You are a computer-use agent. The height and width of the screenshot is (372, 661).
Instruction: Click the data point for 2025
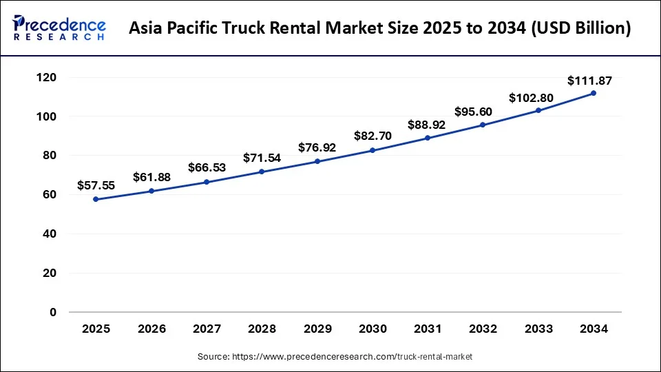[x=96, y=199]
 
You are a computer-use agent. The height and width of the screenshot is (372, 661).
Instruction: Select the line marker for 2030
[x=373, y=150]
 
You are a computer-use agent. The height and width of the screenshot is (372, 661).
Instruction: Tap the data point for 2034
[x=594, y=93]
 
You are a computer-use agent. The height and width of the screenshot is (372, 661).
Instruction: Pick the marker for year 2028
[x=262, y=172]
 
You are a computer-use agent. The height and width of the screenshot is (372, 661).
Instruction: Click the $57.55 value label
[x=96, y=185]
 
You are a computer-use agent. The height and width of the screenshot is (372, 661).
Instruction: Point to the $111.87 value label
[x=589, y=81]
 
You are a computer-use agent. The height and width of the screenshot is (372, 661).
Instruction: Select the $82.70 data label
[x=373, y=136]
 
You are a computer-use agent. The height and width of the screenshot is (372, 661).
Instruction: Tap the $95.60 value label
[x=473, y=112]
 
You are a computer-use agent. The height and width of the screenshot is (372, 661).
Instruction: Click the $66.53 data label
[x=207, y=168]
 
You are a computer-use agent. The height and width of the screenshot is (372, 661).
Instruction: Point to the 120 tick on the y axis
[x=47, y=78]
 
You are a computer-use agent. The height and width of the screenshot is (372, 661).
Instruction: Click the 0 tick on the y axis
[x=53, y=312]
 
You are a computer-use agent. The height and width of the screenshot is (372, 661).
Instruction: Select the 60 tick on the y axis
[x=50, y=195]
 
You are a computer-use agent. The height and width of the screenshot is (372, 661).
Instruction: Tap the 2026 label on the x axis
[x=151, y=329]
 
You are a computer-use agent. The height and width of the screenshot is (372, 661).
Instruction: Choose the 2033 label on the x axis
[x=538, y=329]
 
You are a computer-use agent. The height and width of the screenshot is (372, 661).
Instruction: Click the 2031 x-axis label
[x=428, y=329]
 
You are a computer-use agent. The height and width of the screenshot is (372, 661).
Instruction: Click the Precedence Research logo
[x=59, y=28]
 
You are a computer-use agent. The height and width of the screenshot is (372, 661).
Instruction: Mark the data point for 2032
[x=483, y=125]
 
